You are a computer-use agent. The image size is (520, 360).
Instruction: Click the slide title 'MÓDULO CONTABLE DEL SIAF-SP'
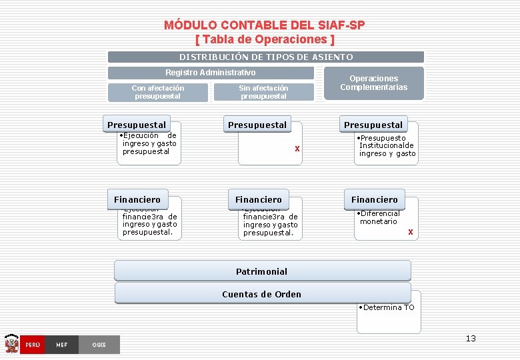(264, 25)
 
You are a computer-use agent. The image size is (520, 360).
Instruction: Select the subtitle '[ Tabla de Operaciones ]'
(264, 39)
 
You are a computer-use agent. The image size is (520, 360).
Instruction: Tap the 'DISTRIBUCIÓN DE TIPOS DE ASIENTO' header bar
(265, 57)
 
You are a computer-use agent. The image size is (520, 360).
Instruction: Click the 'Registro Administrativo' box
(210, 73)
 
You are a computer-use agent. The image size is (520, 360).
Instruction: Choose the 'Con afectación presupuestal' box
(158, 92)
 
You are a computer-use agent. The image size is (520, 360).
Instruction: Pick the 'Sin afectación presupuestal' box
(263, 92)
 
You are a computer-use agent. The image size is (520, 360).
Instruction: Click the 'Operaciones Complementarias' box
(373, 83)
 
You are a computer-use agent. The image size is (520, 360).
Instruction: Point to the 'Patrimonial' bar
(262, 271)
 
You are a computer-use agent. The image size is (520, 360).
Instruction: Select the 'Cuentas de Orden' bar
(262, 294)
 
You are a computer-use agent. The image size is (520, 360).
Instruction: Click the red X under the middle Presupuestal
(297, 148)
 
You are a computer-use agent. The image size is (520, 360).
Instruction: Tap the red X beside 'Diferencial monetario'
(411, 232)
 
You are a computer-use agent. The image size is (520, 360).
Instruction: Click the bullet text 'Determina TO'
(388, 307)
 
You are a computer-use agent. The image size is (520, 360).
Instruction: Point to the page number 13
(471, 339)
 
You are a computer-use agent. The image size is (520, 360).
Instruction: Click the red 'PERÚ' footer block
(33, 345)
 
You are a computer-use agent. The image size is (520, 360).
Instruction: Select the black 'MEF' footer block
(62, 345)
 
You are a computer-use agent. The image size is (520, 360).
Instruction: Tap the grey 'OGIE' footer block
(99, 345)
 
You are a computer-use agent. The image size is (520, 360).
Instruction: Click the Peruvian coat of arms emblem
(11, 344)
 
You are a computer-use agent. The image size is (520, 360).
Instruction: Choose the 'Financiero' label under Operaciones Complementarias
(375, 199)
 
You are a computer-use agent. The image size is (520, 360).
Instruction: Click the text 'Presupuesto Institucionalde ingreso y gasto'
(387, 145)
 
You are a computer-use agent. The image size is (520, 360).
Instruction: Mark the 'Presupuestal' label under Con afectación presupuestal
(137, 125)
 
